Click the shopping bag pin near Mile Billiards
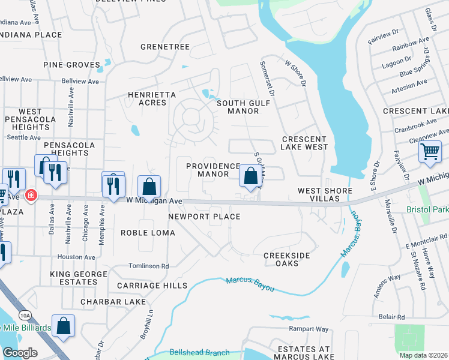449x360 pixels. pyautogui.click(x=63, y=326)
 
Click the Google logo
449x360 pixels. pyautogui.click(x=19, y=352)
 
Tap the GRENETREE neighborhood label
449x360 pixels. pyautogui.click(x=164, y=47)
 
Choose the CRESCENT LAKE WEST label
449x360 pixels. pyautogui.click(x=305, y=143)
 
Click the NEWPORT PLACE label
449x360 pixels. pyautogui.click(x=204, y=217)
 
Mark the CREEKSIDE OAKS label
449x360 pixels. pyautogui.click(x=287, y=260)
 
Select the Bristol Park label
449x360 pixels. pyautogui.click(x=427, y=210)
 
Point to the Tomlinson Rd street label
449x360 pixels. pyautogui.click(x=149, y=266)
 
